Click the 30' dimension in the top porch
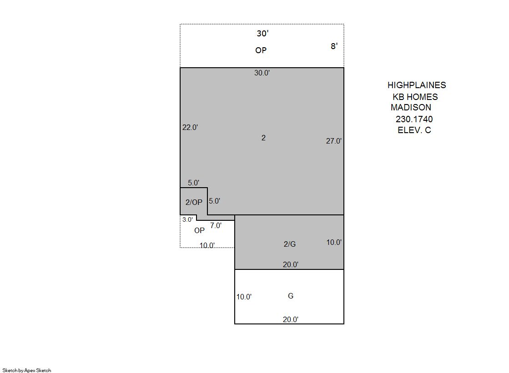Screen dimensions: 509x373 point(262,34)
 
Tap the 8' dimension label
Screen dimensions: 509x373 point(334,46)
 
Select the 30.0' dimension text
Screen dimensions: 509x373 point(262,73)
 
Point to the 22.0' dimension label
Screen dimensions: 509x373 point(190,127)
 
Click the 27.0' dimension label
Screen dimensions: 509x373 point(334,141)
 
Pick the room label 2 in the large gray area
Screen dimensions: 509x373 point(263,138)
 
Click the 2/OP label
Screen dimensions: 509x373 point(194,202)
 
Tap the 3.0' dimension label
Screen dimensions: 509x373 point(187,219)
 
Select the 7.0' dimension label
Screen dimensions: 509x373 point(216,225)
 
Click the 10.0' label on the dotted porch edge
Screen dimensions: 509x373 point(207,245)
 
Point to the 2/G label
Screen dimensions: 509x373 point(290,244)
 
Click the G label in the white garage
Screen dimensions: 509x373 point(291,296)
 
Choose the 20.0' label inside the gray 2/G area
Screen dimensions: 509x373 point(291,264)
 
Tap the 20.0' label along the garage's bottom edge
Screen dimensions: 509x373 point(291,319)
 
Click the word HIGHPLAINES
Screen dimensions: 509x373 point(417,85)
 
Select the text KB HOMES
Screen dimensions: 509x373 point(415,97)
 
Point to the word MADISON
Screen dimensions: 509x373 point(411,107)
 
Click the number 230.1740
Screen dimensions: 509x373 point(414,119)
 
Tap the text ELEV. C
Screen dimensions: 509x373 point(414,130)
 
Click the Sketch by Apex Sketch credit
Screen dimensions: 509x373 point(27,370)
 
